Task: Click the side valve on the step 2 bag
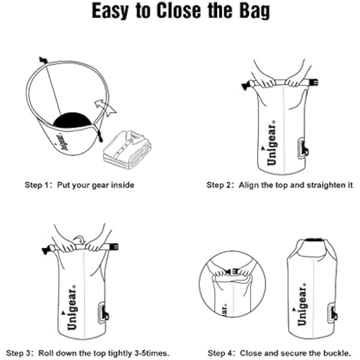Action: (x=302, y=148)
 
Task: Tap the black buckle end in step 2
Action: (x=245, y=86)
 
